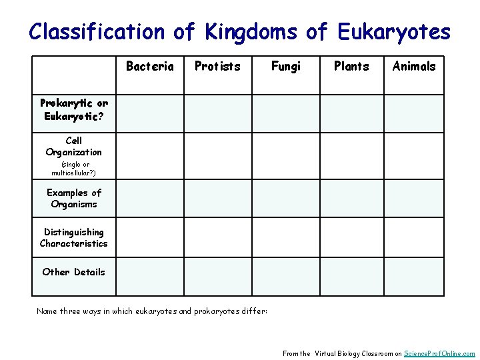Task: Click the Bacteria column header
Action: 149,66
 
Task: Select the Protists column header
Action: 217,66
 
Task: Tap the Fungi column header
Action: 286,66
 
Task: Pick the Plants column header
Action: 351,66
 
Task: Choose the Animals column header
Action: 414,66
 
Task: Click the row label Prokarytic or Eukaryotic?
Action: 74,109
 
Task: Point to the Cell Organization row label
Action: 74,147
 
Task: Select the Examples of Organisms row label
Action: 74,199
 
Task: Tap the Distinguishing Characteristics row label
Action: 74,238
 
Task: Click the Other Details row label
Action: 74,272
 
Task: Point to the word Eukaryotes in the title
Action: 394,31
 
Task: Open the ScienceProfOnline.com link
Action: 439,353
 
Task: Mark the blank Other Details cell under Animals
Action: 414,277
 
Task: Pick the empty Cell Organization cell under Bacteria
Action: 149,157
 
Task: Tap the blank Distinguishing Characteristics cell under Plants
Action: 351,238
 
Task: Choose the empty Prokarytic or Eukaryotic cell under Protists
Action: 217,113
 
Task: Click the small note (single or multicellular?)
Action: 74,169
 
